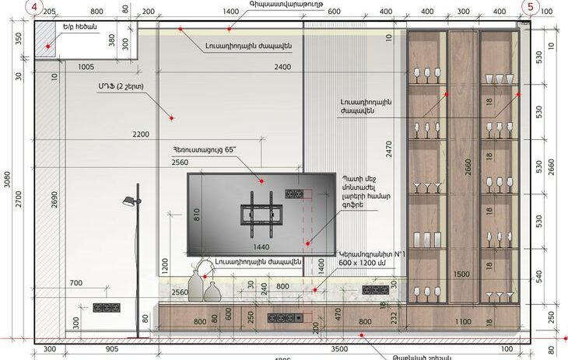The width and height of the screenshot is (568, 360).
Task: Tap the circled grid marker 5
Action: point(531,6)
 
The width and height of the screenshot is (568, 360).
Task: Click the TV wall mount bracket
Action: point(257,213)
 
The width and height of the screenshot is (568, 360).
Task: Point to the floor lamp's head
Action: point(129,202)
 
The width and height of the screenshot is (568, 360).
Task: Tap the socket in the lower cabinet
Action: point(278,317)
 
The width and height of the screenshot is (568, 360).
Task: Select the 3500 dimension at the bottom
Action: point(339,350)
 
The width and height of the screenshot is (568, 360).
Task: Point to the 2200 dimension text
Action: point(140,135)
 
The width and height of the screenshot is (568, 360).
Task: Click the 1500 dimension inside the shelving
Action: point(461,274)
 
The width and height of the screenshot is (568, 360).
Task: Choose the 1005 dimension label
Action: point(86,68)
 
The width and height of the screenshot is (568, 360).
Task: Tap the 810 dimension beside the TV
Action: point(197,214)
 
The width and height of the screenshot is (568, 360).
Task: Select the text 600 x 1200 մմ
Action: point(363,264)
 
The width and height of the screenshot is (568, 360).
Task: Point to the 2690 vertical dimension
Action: point(54,201)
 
